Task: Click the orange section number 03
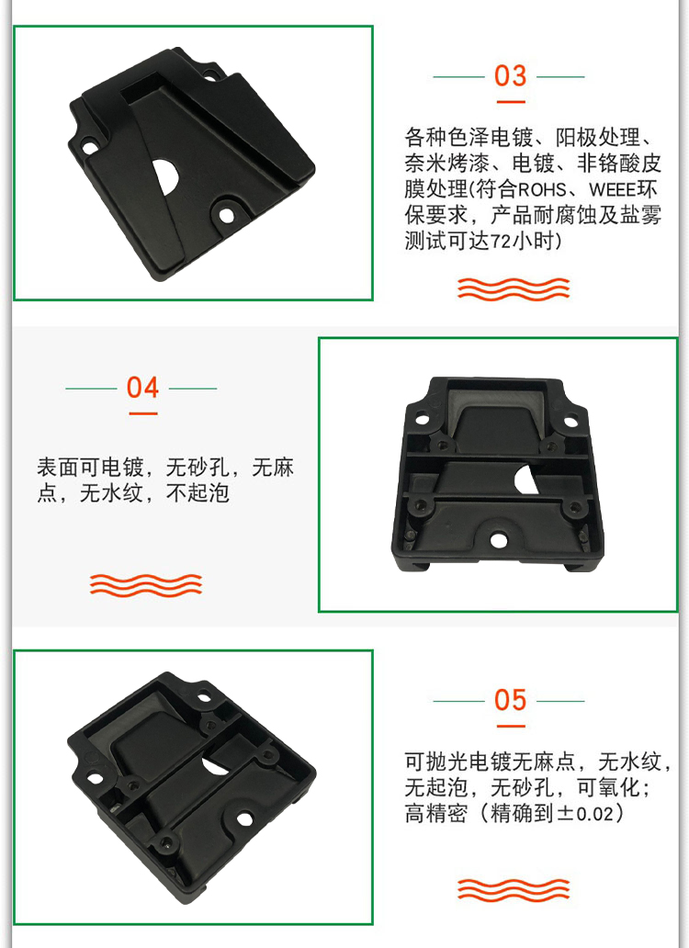pyautogui.click(x=510, y=76)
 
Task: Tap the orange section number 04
pyautogui.click(x=142, y=388)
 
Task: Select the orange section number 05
pyautogui.click(x=510, y=700)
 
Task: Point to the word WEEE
pyautogui.click(x=613, y=190)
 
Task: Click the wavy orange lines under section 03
pyautogui.click(x=514, y=289)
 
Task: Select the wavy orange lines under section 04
pyautogui.click(x=146, y=584)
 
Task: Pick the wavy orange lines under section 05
pyautogui.click(x=514, y=890)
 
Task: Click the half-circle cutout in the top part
pyautogui.click(x=165, y=176)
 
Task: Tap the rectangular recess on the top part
pyautogui.click(x=141, y=89)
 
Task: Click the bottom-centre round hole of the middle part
pyautogui.click(x=498, y=540)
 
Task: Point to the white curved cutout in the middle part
pyautogui.click(x=525, y=479)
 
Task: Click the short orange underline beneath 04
pyautogui.click(x=142, y=413)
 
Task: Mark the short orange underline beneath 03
pyautogui.click(x=510, y=102)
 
